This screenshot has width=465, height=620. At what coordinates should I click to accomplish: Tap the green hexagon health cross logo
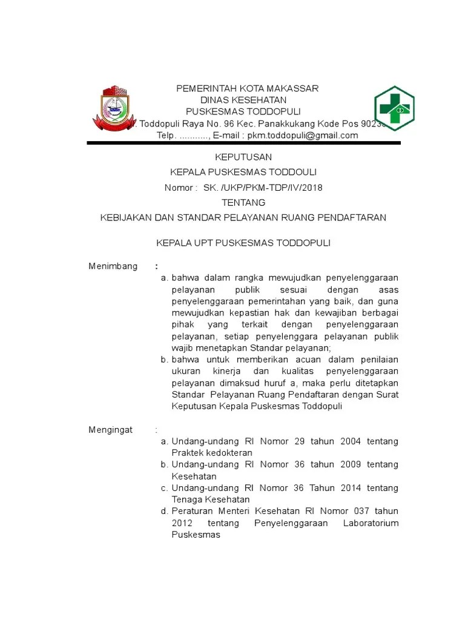tap(394, 109)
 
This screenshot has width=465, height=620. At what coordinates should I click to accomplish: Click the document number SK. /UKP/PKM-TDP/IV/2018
tap(263, 188)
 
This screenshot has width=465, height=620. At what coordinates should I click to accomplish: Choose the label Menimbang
tap(113, 266)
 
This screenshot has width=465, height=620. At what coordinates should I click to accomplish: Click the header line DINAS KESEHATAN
tap(243, 100)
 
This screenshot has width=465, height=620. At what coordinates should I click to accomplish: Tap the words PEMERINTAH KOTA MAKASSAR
tap(247, 88)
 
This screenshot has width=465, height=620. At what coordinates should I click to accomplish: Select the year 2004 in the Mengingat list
tap(350, 441)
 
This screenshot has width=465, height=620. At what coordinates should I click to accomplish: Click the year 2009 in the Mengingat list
tap(350, 464)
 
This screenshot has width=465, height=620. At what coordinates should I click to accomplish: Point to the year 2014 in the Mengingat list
tap(350, 488)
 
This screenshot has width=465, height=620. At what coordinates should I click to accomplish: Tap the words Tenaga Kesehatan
tap(211, 500)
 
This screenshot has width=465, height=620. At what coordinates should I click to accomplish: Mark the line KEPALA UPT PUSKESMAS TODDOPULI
tap(243, 243)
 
